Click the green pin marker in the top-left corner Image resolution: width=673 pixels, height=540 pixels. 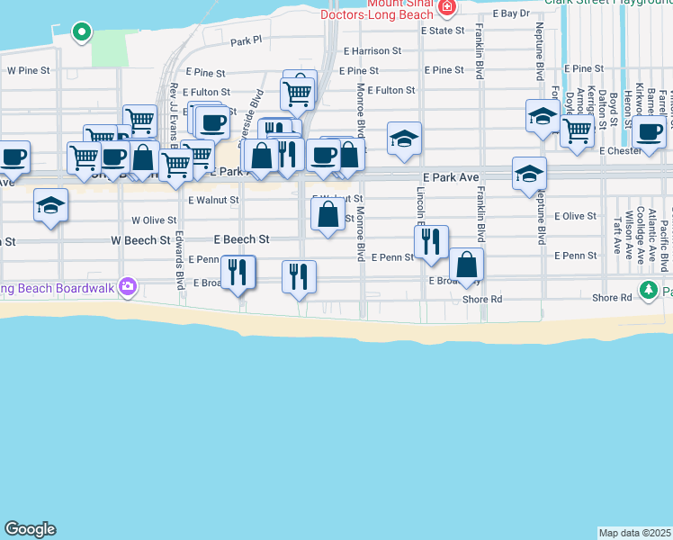[81, 33]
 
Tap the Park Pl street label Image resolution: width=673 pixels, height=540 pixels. [245, 40]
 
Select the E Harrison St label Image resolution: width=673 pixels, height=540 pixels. [372, 51]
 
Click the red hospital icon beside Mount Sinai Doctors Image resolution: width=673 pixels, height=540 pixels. [447, 6]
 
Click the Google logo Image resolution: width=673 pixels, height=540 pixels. [30, 529]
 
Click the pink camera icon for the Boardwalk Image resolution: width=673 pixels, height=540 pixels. [128, 286]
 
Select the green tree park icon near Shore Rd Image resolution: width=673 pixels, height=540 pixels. [648, 290]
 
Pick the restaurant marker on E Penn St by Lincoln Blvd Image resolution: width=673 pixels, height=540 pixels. [431, 241]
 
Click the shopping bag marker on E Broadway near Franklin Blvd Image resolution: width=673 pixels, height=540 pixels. [466, 265]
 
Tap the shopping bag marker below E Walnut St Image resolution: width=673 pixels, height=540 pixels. [328, 214]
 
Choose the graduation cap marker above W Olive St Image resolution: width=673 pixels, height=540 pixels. [51, 205]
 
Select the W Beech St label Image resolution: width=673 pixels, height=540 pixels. [140, 241]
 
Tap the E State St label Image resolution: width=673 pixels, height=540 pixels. [442, 31]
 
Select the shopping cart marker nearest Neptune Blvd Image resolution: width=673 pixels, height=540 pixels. [577, 131]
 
